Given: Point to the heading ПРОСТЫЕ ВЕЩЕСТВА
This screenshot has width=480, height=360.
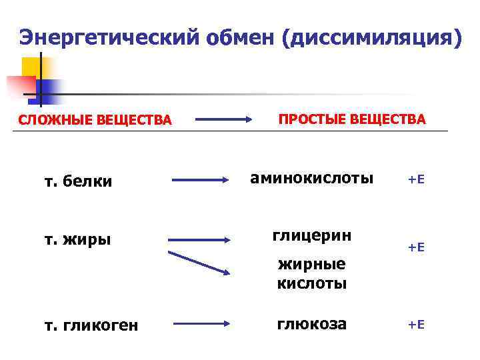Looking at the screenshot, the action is click(351, 119).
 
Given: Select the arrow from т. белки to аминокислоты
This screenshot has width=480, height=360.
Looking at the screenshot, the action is click(201, 180).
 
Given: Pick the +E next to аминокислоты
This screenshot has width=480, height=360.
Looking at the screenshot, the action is click(416, 179).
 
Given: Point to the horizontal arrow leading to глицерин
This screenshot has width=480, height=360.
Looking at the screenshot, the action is click(199, 239).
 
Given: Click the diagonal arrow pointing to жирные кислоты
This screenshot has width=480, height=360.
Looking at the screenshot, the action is click(199, 263).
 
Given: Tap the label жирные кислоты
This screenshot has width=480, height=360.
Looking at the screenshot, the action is click(311, 273).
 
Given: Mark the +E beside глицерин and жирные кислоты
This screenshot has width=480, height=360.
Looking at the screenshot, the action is click(416, 247).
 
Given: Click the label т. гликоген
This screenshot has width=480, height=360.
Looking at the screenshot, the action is click(91, 325).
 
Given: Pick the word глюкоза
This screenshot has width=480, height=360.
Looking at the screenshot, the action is click(312, 324).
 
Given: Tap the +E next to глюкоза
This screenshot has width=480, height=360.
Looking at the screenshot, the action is click(416, 325).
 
